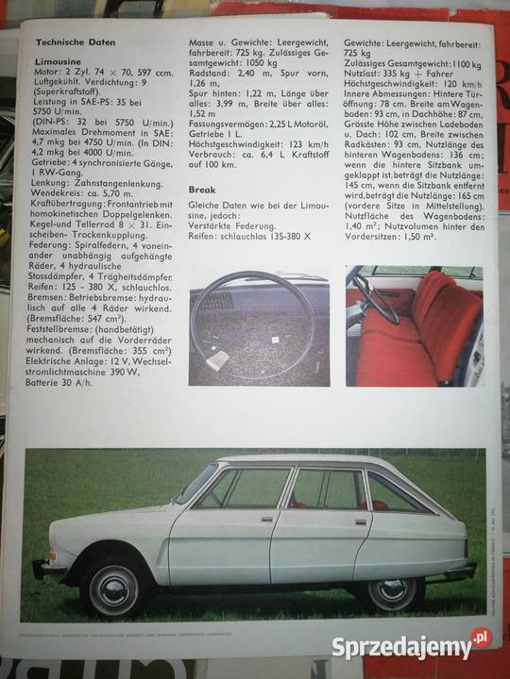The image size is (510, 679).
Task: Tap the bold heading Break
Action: pos(203,189)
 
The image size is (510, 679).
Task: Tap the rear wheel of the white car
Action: pos(390,588)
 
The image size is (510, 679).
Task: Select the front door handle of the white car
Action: pos(267,517)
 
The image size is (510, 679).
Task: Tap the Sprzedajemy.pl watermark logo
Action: pos(412,647)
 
